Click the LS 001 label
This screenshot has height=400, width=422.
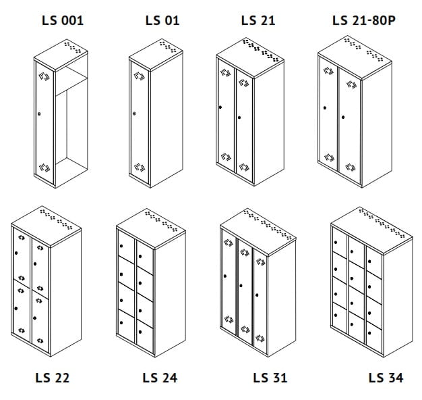[x=63, y=20]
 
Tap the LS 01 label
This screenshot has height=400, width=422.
[x=162, y=20]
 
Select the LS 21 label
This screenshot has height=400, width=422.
[x=258, y=20]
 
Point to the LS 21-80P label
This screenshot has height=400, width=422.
[x=364, y=20]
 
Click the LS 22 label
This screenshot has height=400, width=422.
[x=52, y=378]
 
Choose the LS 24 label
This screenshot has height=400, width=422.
[x=160, y=378]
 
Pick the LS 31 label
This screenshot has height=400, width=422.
[x=270, y=378]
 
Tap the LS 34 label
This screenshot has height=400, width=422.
[x=386, y=378]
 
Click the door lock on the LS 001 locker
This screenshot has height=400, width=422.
[x=39, y=114]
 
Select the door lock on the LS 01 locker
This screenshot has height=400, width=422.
[x=134, y=114]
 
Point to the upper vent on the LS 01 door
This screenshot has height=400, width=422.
[x=140, y=76]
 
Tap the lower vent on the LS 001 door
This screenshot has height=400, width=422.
[x=44, y=168]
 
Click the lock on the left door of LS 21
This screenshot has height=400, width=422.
[x=220, y=107]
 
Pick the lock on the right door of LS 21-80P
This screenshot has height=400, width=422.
[x=343, y=118]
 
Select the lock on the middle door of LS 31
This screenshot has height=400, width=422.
[x=241, y=286]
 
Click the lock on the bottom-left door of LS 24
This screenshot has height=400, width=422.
[x=121, y=323]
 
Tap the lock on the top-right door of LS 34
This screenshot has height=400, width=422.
[x=369, y=261]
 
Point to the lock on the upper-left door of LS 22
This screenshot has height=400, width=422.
[x=16, y=253]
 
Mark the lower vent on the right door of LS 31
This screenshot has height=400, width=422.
[x=260, y=339]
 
